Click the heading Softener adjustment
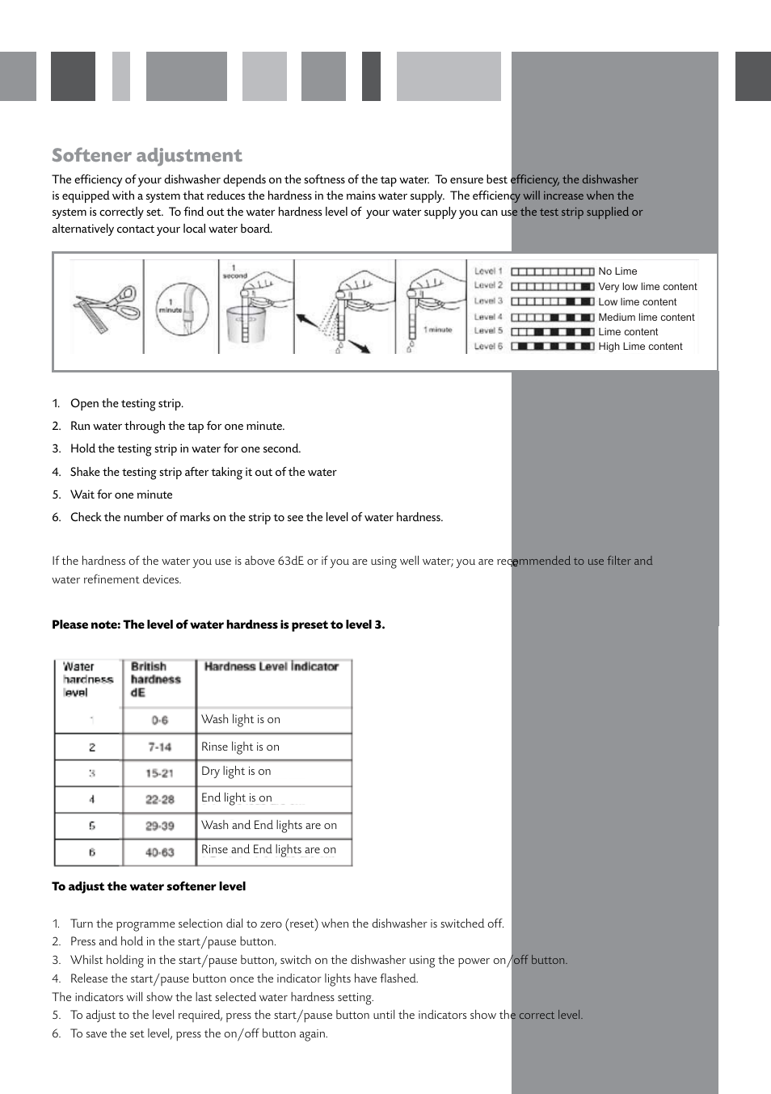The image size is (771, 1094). tap(147, 155)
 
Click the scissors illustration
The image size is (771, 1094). tap(106, 308)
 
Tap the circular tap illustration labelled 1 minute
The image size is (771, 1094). tap(182, 309)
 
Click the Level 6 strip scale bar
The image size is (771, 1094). tap(553, 347)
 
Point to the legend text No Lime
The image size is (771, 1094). tap(617, 271)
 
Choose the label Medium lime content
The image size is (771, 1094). tap(646, 318)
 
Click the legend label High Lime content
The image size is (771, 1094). tap(640, 347)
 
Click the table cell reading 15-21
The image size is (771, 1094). tap(159, 773)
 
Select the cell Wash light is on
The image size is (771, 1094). tap(241, 719)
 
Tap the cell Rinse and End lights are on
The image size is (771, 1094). tap(268, 850)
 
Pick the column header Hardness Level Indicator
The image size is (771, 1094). tap(271, 667)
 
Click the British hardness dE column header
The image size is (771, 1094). tap(155, 680)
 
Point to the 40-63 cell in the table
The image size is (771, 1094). tap(159, 852)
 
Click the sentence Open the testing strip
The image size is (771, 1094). tap(126, 403)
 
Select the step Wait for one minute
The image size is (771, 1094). tap(121, 494)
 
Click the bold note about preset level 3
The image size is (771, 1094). tap(218, 625)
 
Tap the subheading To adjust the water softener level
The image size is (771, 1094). tap(149, 886)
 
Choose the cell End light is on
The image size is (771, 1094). tap(237, 798)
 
